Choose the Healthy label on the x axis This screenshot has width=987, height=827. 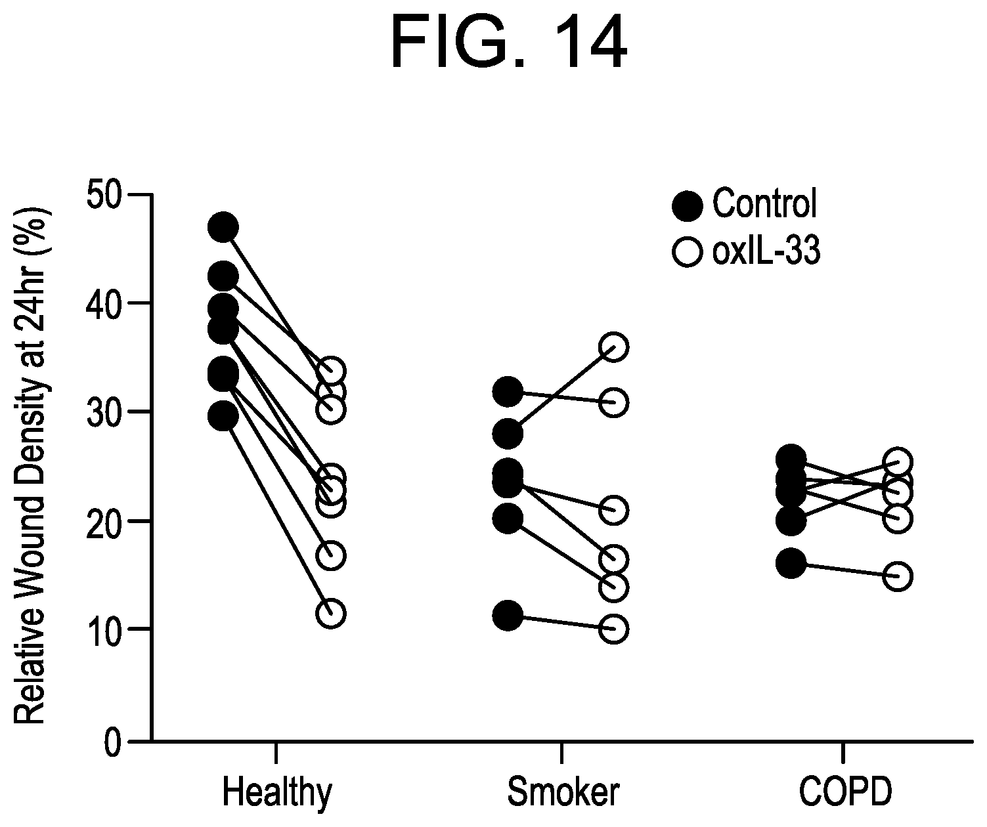276,793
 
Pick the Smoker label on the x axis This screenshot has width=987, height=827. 562,793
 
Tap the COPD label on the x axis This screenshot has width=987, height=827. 846,793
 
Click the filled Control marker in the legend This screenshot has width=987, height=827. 687,205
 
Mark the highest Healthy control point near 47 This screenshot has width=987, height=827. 223,227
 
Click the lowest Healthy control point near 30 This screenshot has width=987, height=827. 223,416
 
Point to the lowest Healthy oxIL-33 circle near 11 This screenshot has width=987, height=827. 332,614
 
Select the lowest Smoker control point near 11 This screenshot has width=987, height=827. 508,616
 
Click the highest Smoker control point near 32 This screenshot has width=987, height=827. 508,392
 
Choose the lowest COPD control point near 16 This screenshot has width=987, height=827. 791,563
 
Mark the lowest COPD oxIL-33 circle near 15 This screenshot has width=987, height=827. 898,576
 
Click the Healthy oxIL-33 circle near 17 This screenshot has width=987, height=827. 332,555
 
